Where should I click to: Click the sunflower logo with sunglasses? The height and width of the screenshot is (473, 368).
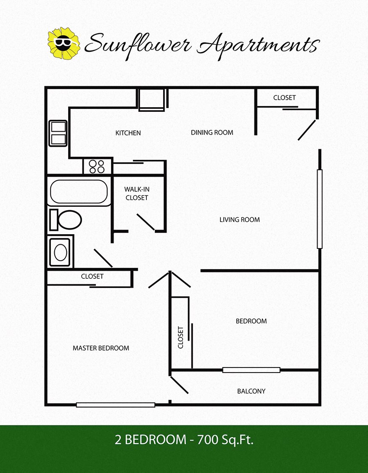(x=64, y=43)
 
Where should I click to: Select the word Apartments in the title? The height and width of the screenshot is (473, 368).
(x=257, y=45)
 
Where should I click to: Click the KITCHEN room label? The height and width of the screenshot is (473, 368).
(x=128, y=133)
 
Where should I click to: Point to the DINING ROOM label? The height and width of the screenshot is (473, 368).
(x=212, y=132)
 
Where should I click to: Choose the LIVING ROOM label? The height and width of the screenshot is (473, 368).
(x=239, y=219)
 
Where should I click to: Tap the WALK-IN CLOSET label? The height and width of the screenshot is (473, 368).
(x=137, y=193)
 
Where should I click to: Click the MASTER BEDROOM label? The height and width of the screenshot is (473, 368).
(x=101, y=348)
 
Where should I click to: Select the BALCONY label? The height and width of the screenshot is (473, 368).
(x=251, y=391)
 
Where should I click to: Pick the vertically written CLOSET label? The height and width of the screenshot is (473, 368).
(x=181, y=338)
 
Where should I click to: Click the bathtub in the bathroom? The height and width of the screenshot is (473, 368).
(x=79, y=192)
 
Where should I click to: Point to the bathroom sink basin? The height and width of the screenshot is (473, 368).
(x=61, y=252)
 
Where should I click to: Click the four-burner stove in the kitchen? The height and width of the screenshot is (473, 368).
(x=97, y=166)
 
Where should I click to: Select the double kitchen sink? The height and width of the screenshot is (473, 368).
(x=58, y=133)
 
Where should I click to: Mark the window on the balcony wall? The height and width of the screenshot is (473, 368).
(x=251, y=370)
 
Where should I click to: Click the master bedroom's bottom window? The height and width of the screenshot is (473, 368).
(x=116, y=405)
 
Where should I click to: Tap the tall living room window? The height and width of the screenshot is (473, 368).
(x=320, y=209)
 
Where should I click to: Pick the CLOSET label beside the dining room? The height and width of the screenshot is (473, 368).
(x=284, y=98)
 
